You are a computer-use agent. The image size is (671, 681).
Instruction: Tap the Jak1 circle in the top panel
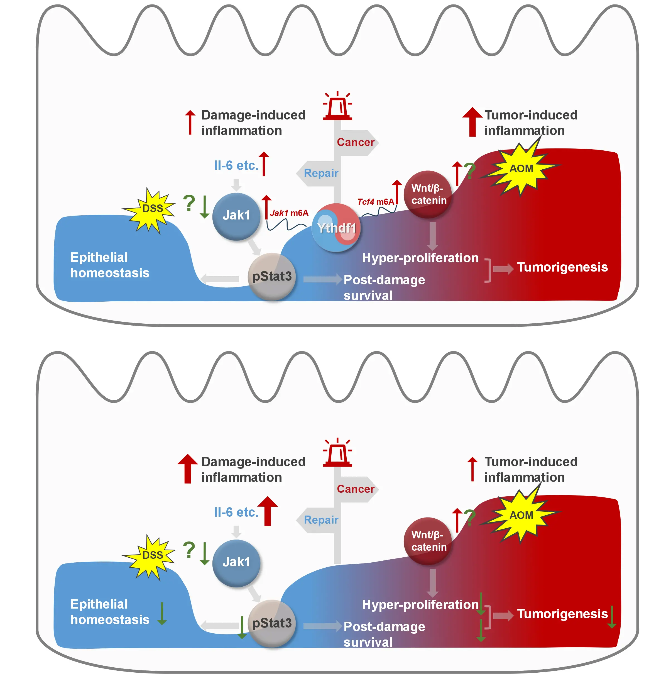(236, 216)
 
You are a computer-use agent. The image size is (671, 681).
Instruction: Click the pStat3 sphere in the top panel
(272, 277)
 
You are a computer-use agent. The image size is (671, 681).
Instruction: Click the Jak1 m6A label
(289, 213)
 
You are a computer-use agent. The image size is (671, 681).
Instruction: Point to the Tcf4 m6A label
(375, 202)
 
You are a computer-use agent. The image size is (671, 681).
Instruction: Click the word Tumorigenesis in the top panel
(562, 267)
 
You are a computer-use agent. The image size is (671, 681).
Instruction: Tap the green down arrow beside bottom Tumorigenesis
(612, 617)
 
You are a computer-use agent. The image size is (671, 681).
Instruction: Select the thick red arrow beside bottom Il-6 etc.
(268, 511)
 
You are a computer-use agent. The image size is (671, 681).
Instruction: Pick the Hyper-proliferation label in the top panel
(420, 258)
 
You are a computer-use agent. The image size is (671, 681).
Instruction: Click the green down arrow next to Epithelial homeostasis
(162, 614)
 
